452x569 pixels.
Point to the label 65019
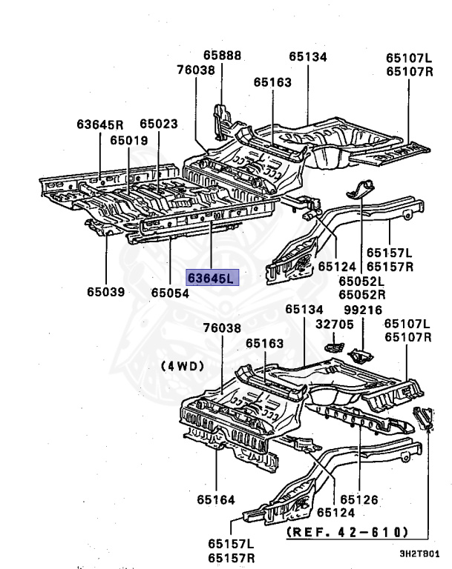[x=129, y=140]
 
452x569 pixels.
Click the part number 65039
[x=105, y=292]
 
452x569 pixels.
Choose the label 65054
[x=171, y=293]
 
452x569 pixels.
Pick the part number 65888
[x=222, y=56]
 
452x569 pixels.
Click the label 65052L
[x=362, y=281]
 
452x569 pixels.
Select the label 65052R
[x=362, y=293]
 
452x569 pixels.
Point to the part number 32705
[x=332, y=323]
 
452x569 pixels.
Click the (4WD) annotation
[x=182, y=365]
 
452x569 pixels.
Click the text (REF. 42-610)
[x=347, y=531]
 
